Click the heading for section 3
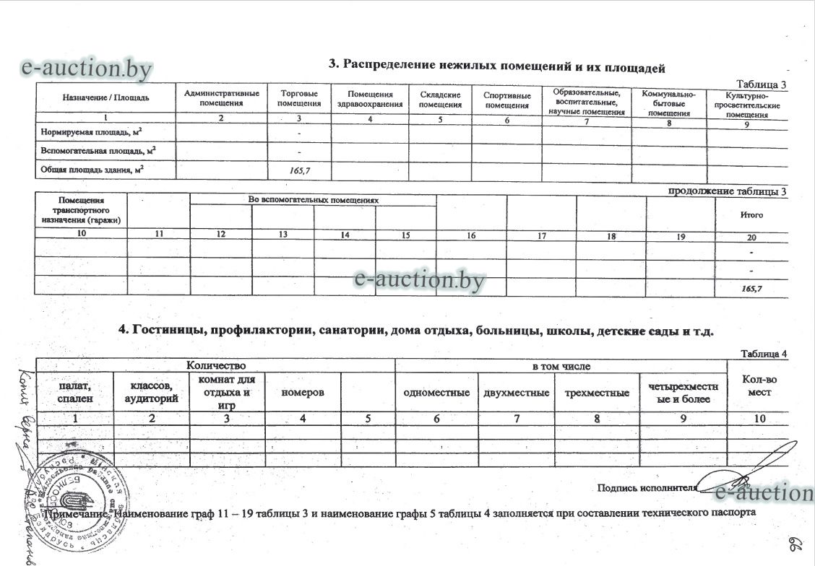click(x=496, y=67)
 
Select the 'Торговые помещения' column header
click(x=299, y=99)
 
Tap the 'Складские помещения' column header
click(x=441, y=100)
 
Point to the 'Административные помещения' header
click(x=222, y=98)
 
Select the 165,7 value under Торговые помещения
click(x=299, y=170)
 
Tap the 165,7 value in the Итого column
click(x=751, y=288)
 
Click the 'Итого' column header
click(x=751, y=215)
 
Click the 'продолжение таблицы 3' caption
click(x=727, y=191)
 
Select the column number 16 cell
click(x=471, y=235)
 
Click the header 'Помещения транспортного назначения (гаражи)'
click(x=82, y=209)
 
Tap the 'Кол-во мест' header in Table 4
click(x=759, y=386)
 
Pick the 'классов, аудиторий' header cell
click(x=151, y=393)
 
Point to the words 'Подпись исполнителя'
click(x=647, y=487)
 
